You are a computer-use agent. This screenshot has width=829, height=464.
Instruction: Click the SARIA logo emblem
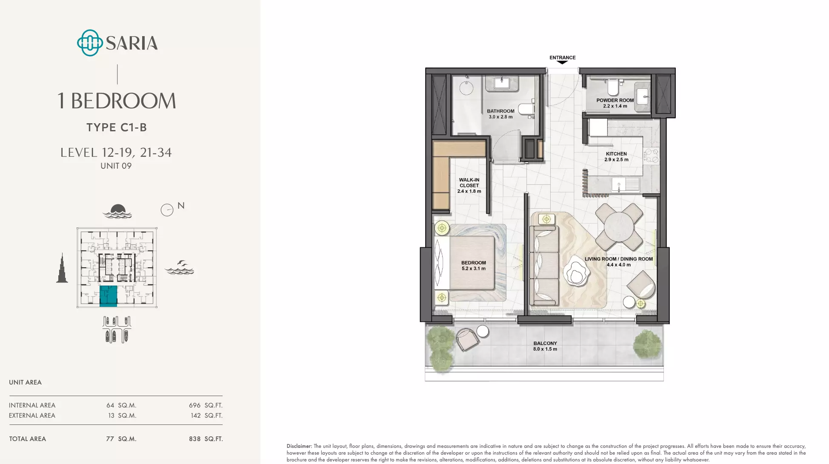[90, 43]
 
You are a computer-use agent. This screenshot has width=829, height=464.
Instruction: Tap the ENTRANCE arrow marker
[562, 62]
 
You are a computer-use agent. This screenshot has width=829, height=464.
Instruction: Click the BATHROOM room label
[500, 114]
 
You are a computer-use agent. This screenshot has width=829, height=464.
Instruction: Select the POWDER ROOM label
[615, 103]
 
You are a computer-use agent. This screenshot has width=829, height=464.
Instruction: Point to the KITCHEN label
[616, 157]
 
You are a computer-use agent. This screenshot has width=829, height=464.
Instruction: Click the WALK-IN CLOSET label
[469, 186]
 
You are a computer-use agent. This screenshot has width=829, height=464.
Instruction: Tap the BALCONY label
[545, 346]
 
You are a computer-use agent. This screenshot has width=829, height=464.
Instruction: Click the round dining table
[619, 227]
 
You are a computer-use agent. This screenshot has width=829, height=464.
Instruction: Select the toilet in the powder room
[613, 87]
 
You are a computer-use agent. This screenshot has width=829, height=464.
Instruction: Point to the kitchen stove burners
[651, 155]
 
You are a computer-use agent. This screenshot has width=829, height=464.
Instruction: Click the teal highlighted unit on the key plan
[108, 296]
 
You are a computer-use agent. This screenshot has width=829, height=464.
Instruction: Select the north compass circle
[167, 210]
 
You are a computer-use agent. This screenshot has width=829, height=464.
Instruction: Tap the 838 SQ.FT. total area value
[206, 439]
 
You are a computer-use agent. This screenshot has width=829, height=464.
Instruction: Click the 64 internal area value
[110, 405]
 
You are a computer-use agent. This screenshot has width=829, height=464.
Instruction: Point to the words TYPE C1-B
[117, 127]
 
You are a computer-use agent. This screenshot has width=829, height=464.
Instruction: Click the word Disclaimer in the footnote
[299, 446]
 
